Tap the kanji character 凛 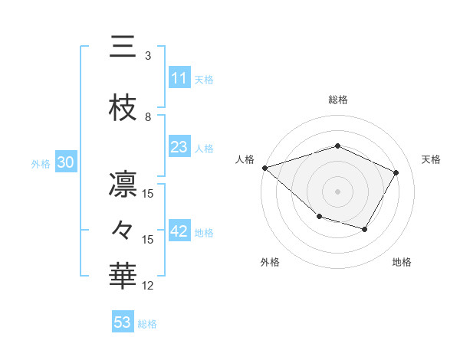point(123,185)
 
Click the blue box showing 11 point(179,78)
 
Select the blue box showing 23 point(179,147)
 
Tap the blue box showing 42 point(179,232)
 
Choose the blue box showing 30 point(65,163)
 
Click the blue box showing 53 point(123,322)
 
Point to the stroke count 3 point(148,56)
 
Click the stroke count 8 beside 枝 point(148,117)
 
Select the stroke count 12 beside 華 point(148,286)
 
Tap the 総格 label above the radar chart point(337,100)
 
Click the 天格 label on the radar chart point(431,159)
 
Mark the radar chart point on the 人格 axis point(264,167)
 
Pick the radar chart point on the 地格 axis point(365,229)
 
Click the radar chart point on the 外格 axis point(319,217)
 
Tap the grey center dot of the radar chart point(337,191)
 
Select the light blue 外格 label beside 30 point(41,164)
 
